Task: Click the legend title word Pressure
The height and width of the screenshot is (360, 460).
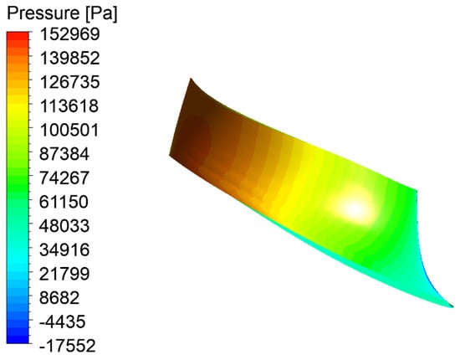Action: click(x=43, y=13)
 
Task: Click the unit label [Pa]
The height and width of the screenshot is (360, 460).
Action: click(x=101, y=13)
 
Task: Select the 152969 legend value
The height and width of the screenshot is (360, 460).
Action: click(x=69, y=34)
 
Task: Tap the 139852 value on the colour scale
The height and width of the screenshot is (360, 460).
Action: click(x=69, y=58)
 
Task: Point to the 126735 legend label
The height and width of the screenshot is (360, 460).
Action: click(x=69, y=82)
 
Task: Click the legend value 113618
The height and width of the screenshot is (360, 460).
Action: click(x=69, y=106)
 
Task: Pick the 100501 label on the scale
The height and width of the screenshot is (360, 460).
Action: click(x=69, y=130)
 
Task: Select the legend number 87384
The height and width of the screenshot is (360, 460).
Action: click(x=64, y=154)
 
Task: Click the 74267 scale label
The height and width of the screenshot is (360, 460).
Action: click(x=64, y=178)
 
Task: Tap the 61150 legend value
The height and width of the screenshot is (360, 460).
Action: click(x=64, y=202)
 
